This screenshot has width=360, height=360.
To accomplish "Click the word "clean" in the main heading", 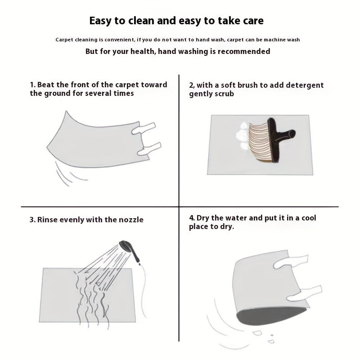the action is point(141,21).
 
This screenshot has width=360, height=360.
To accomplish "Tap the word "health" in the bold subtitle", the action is point(144,51).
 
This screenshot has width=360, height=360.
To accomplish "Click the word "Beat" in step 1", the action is point(46,85).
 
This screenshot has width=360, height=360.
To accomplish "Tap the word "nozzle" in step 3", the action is point(131,220).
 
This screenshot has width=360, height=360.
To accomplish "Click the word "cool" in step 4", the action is point(309,218).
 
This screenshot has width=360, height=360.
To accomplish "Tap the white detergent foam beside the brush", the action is point(242,136).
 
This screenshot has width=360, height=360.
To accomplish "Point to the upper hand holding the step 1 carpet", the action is point(144,128).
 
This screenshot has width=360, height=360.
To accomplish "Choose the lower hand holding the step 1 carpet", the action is point(149,148).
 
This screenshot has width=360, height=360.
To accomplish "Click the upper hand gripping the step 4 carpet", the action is point(291,261).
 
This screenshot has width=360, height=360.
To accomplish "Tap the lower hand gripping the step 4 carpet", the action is point(305,294).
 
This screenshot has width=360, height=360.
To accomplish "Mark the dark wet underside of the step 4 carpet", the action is point(271,316).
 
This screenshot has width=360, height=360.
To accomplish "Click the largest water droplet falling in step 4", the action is point(257,333).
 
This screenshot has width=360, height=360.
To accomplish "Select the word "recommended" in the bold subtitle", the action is point(244,51).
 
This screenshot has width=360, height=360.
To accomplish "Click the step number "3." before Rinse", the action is point(32,220).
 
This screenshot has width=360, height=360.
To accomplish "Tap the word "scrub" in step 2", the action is point(223,94).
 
